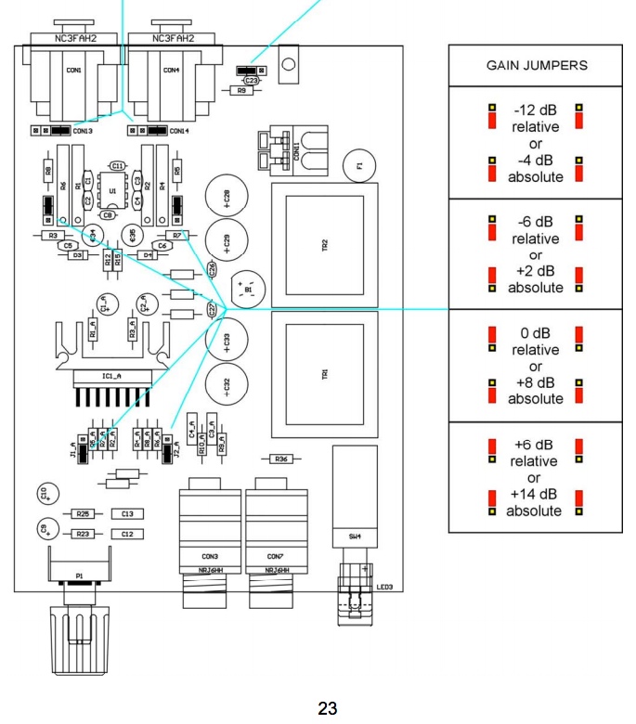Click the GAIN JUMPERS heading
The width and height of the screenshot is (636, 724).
click(537, 66)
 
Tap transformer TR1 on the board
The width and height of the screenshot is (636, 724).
click(323, 373)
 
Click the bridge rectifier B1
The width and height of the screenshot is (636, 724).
click(248, 289)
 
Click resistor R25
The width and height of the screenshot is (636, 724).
click(83, 513)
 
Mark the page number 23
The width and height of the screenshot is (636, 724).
click(327, 709)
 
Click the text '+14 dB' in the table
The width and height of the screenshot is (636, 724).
click(535, 494)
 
